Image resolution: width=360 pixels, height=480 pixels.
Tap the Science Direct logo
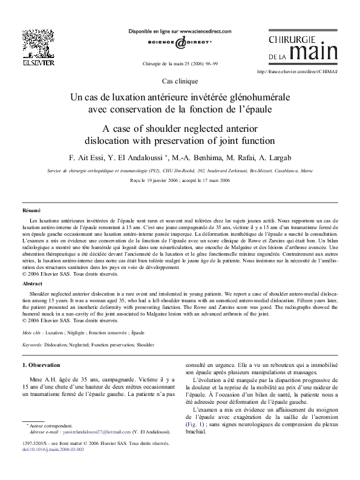tap(180, 42)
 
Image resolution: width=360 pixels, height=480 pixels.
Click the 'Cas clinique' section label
tap(180, 81)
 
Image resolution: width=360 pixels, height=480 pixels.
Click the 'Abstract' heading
tap(32, 283)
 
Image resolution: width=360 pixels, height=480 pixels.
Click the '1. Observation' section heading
tap(41, 365)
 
